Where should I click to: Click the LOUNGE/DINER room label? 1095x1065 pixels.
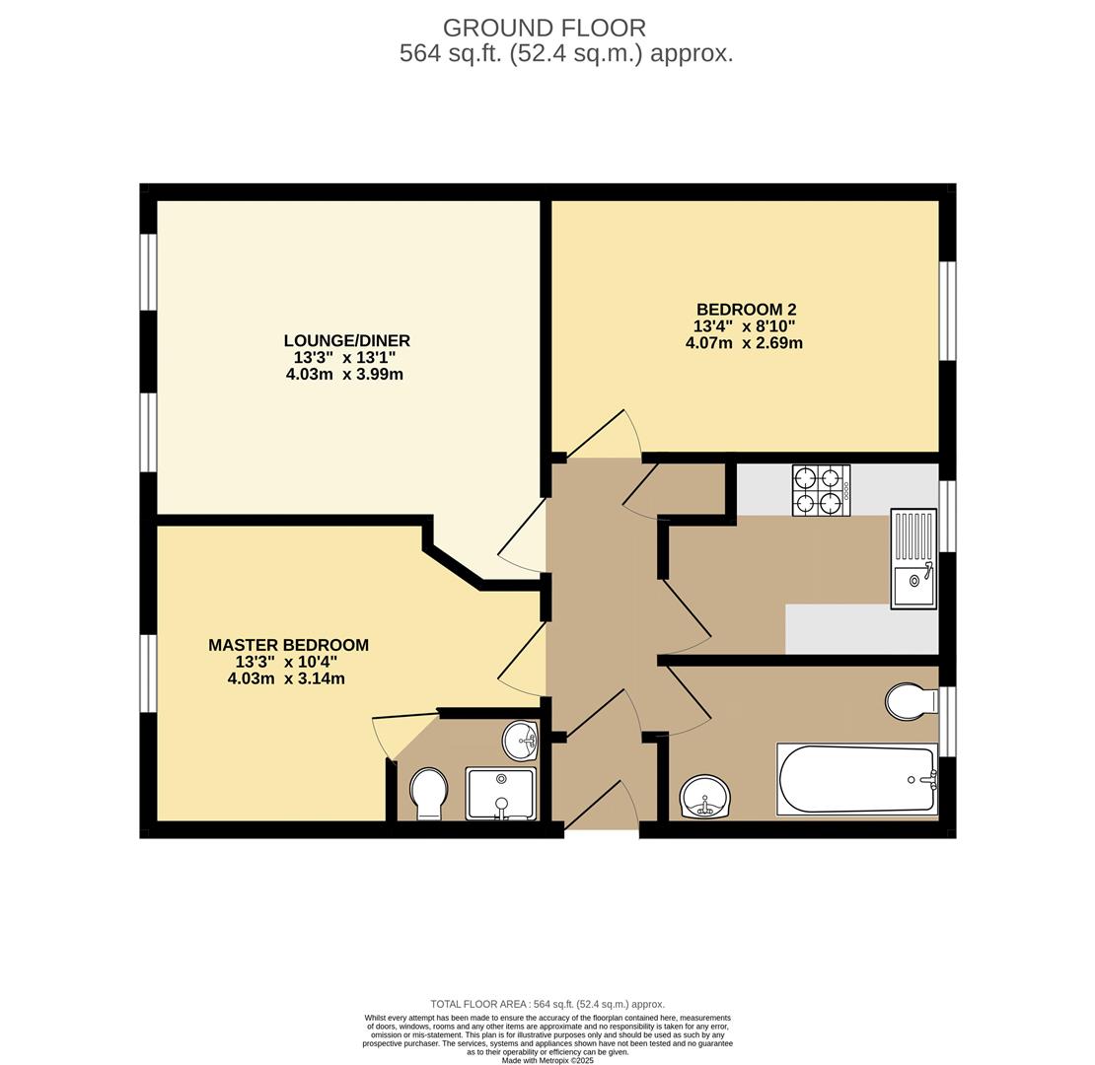coord(346,340)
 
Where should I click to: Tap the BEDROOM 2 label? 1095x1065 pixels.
coord(747,310)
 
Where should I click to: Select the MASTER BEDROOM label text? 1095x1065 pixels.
coord(288,645)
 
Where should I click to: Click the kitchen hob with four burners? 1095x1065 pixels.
coord(821,490)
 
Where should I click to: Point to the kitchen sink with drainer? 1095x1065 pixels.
coord(913,557)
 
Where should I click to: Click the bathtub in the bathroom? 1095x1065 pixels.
coord(857,779)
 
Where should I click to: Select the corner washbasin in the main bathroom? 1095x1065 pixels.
coord(705,797)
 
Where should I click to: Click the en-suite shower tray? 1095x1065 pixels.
coord(501,794)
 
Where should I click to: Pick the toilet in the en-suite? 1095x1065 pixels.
coord(429,794)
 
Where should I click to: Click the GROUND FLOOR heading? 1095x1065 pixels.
coord(544,28)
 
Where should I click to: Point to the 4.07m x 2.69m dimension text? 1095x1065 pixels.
coord(744,342)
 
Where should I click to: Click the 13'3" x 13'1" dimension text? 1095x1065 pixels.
coord(344,357)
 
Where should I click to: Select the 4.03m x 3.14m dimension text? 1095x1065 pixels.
coord(286,678)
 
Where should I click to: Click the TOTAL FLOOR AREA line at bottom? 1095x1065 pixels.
coord(547,1004)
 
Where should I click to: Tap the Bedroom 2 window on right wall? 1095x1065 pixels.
coord(947,311)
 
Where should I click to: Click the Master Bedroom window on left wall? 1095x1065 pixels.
coord(148,674)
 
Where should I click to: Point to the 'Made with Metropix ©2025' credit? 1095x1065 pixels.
coord(547,1060)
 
